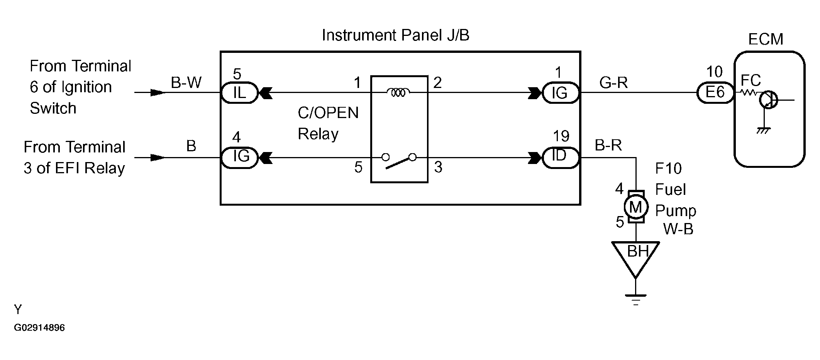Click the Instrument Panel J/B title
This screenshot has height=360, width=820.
395,35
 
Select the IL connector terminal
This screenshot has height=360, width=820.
239,93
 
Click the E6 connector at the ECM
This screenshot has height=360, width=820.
715,93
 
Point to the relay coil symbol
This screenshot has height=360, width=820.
398,92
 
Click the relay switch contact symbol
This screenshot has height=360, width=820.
399,160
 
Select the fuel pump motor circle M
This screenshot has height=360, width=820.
635,207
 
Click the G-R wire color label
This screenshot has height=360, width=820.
613,83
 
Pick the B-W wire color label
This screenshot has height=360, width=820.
186,83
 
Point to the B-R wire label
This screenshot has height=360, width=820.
608,145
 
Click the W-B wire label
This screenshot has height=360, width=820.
678,229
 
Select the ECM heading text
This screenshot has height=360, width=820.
766,39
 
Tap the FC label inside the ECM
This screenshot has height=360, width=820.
751,80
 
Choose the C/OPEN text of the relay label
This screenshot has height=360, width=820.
328,113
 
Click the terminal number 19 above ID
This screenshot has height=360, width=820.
561,136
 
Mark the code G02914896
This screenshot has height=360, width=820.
39,328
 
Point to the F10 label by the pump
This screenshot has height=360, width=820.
669,169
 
